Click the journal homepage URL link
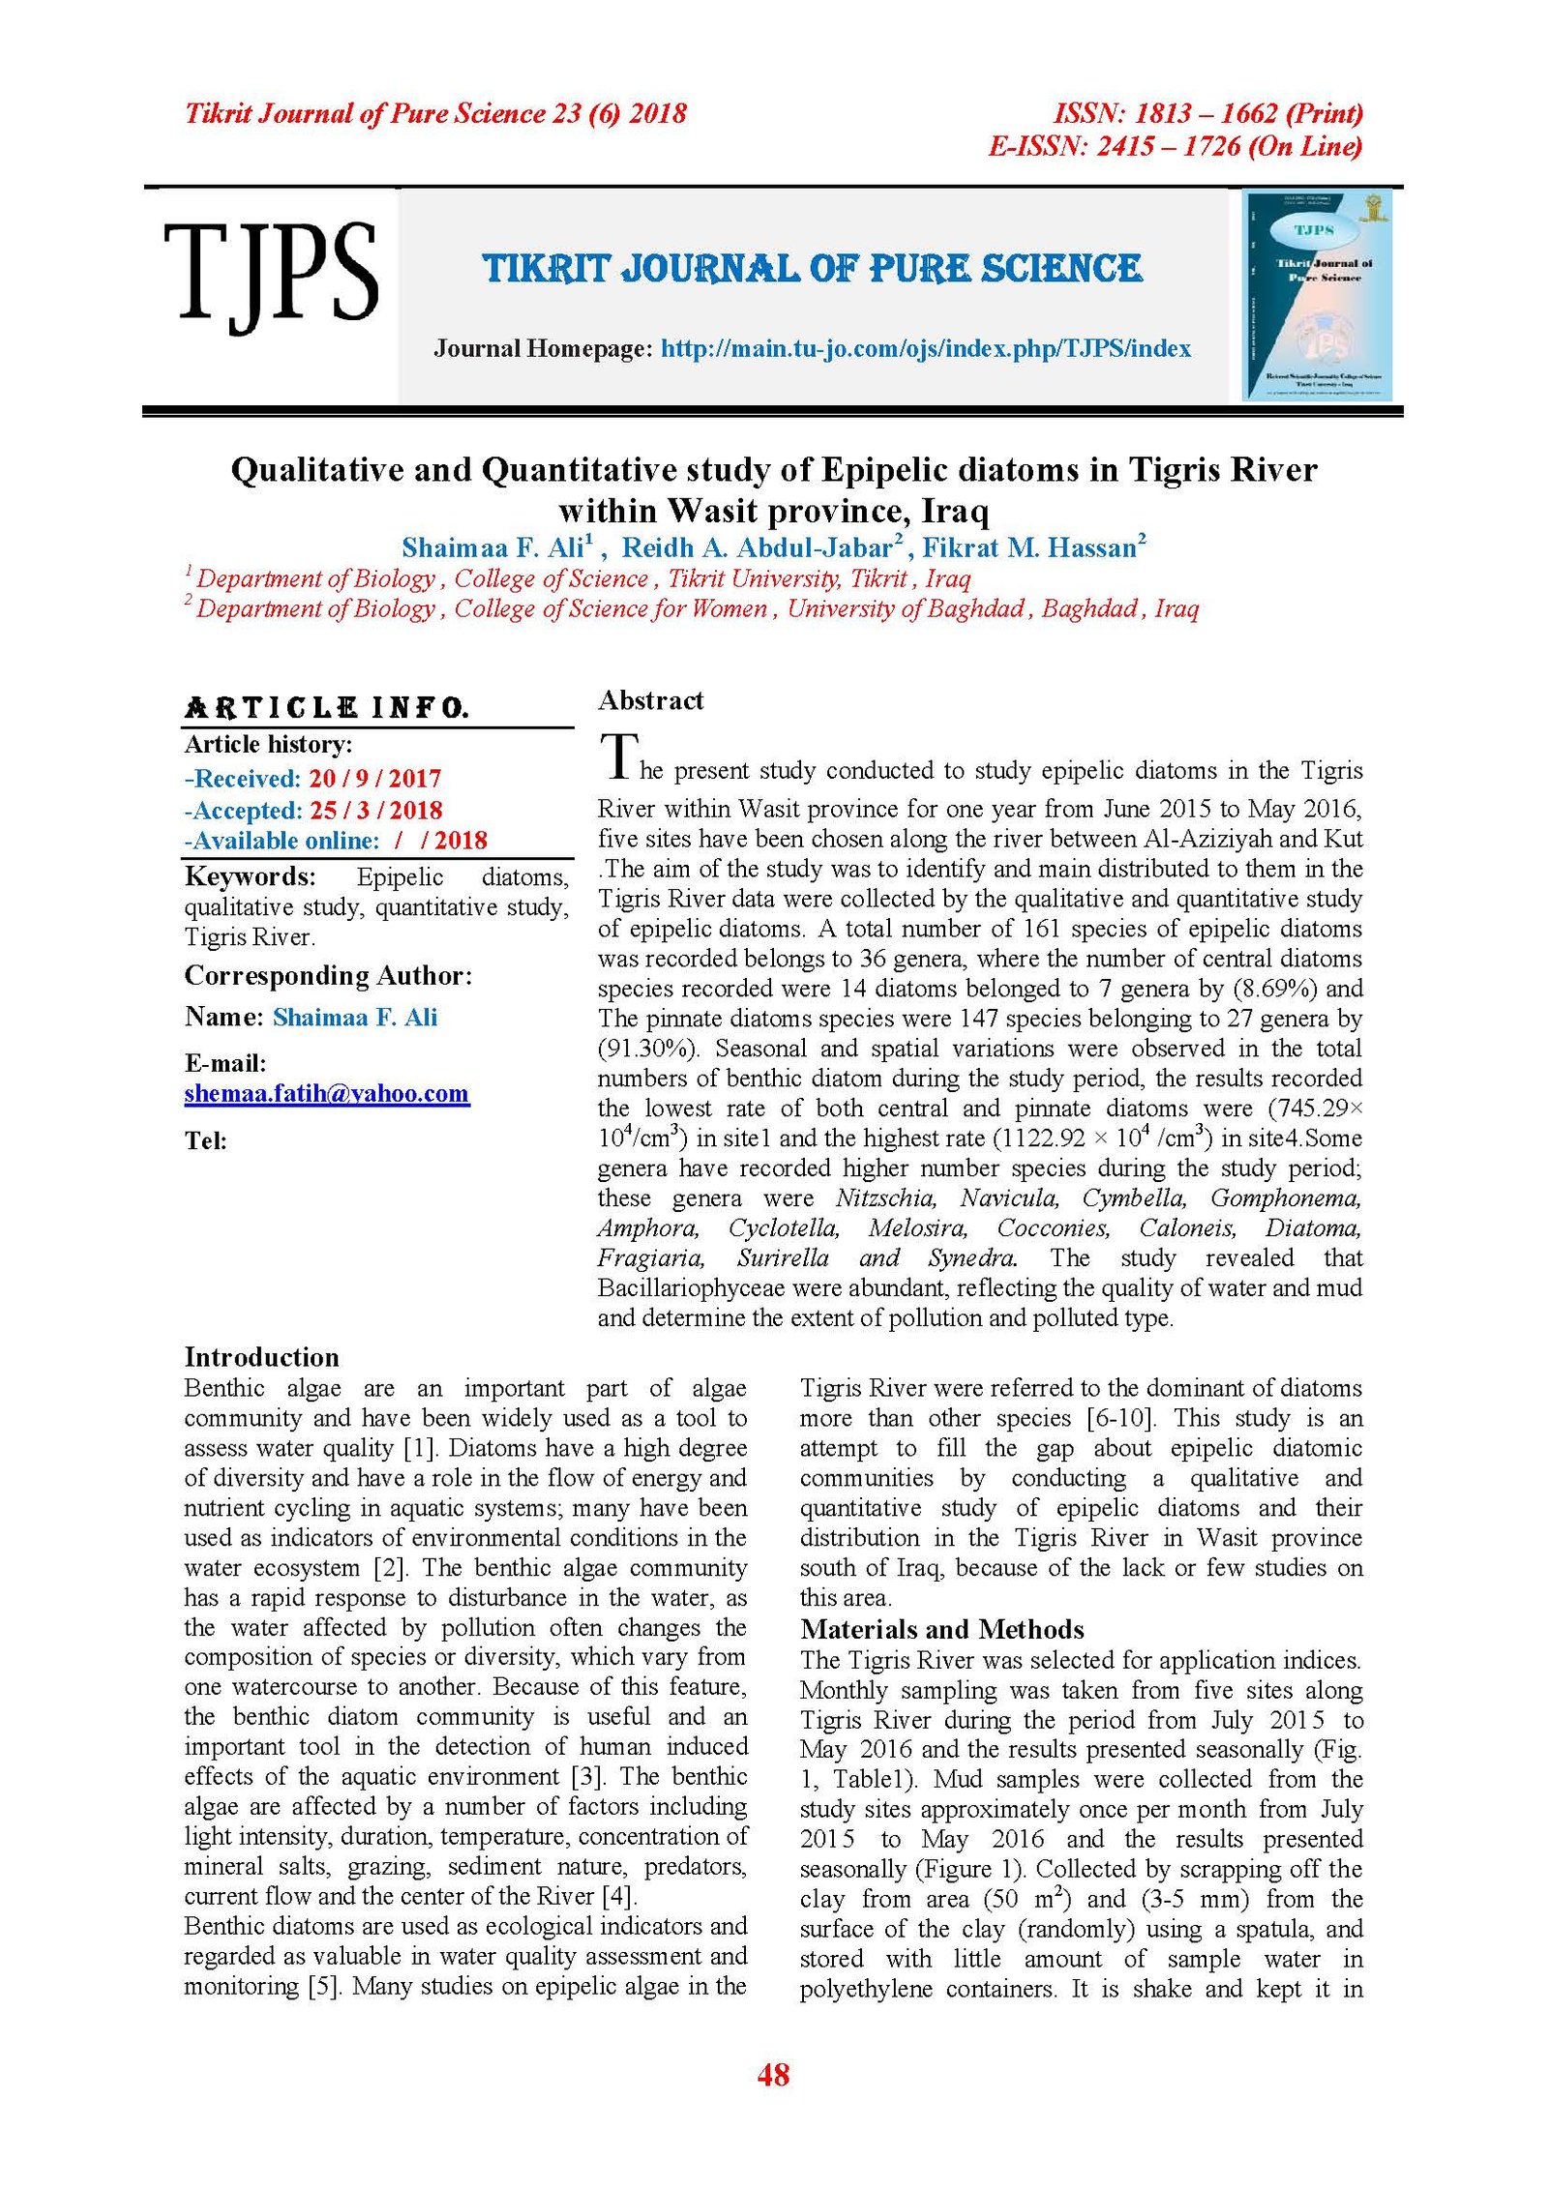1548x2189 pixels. point(925,348)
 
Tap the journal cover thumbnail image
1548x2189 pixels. point(1316,295)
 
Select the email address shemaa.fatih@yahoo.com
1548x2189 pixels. point(327,1094)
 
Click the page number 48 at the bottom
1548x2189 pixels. point(773,2074)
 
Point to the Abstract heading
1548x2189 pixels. point(650,700)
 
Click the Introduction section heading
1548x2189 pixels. point(261,1356)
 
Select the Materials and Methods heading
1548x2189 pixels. point(941,1629)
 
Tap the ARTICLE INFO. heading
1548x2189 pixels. point(326,708)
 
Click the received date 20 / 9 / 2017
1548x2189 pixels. point(374,779)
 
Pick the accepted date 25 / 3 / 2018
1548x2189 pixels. point(375,811)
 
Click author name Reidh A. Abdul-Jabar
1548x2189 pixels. point(757,548)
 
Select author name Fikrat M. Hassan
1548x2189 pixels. point(1028,548)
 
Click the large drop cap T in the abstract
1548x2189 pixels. point(618,757)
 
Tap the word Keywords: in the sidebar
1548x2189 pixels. point(250,877)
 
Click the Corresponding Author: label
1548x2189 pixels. point(328,976)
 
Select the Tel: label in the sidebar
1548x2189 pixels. point(205,1141)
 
